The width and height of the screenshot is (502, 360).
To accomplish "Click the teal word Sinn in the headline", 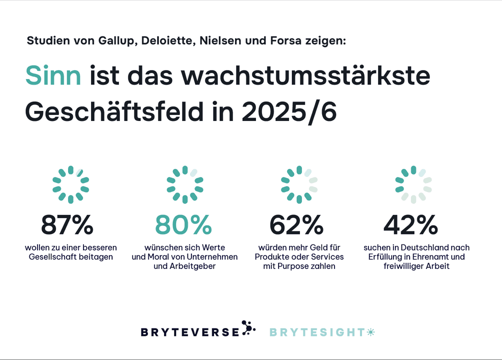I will coord(53,76).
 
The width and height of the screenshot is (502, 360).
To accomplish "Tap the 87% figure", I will coord(67,225).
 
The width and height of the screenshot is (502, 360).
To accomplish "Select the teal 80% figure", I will coord(183,225).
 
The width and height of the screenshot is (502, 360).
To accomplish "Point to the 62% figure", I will coord(296,225).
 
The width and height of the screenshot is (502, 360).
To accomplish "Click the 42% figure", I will coord(410,225).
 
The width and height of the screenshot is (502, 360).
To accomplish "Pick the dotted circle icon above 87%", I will coord(70,184).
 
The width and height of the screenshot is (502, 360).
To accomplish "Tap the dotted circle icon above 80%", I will coord(185,184).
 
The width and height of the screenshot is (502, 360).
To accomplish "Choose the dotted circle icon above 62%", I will coord(299,184).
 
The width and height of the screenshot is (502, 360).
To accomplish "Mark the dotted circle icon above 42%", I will coord(413,184).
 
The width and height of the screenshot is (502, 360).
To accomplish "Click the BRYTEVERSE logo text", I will coord(190,332).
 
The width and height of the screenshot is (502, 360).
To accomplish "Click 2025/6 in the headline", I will coord(289,112).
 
